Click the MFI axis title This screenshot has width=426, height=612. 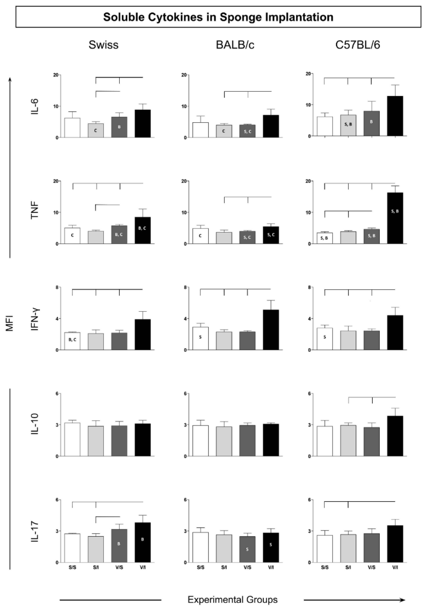pos(10,323)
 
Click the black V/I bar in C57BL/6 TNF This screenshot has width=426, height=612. pos(395,218)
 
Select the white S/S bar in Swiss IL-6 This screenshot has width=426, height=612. pos(72,128)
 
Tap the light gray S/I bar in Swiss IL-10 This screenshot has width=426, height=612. pos(96,441)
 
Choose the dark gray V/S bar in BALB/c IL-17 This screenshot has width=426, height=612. pos(247,549)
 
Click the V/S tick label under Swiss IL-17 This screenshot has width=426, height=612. pos(119,568)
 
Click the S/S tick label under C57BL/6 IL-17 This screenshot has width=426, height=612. pos(325,568)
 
